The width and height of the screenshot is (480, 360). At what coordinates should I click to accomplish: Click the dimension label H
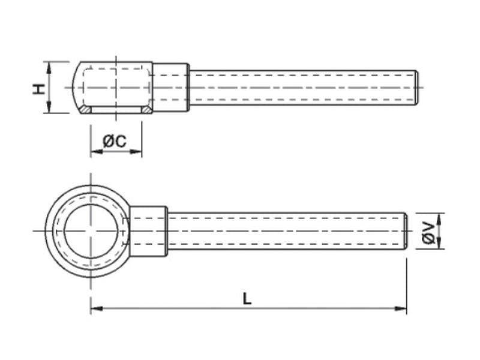point(38,88)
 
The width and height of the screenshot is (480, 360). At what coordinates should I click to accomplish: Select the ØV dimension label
point(428,231)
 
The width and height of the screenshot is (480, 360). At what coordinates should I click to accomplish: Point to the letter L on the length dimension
point(247,298)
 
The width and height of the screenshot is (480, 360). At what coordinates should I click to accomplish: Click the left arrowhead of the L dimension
point(95,309)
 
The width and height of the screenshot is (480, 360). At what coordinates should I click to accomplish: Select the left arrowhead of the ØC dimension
point(94,151)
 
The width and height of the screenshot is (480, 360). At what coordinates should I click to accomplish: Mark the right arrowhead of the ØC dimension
point(138,151)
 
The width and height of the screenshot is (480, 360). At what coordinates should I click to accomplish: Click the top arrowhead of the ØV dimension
point(440,217)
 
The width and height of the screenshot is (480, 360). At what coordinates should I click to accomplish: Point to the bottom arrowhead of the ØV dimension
point(440,245)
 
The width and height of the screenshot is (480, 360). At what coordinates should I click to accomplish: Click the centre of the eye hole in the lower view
point(91,231)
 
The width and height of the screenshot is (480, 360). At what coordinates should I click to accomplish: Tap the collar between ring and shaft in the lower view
point(148,231)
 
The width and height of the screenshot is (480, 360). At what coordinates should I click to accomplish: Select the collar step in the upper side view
point(171,88)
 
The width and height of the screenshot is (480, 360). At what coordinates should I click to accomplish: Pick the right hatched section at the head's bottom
point(146,110)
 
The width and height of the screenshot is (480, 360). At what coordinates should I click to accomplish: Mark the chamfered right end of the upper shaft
point(415,88)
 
